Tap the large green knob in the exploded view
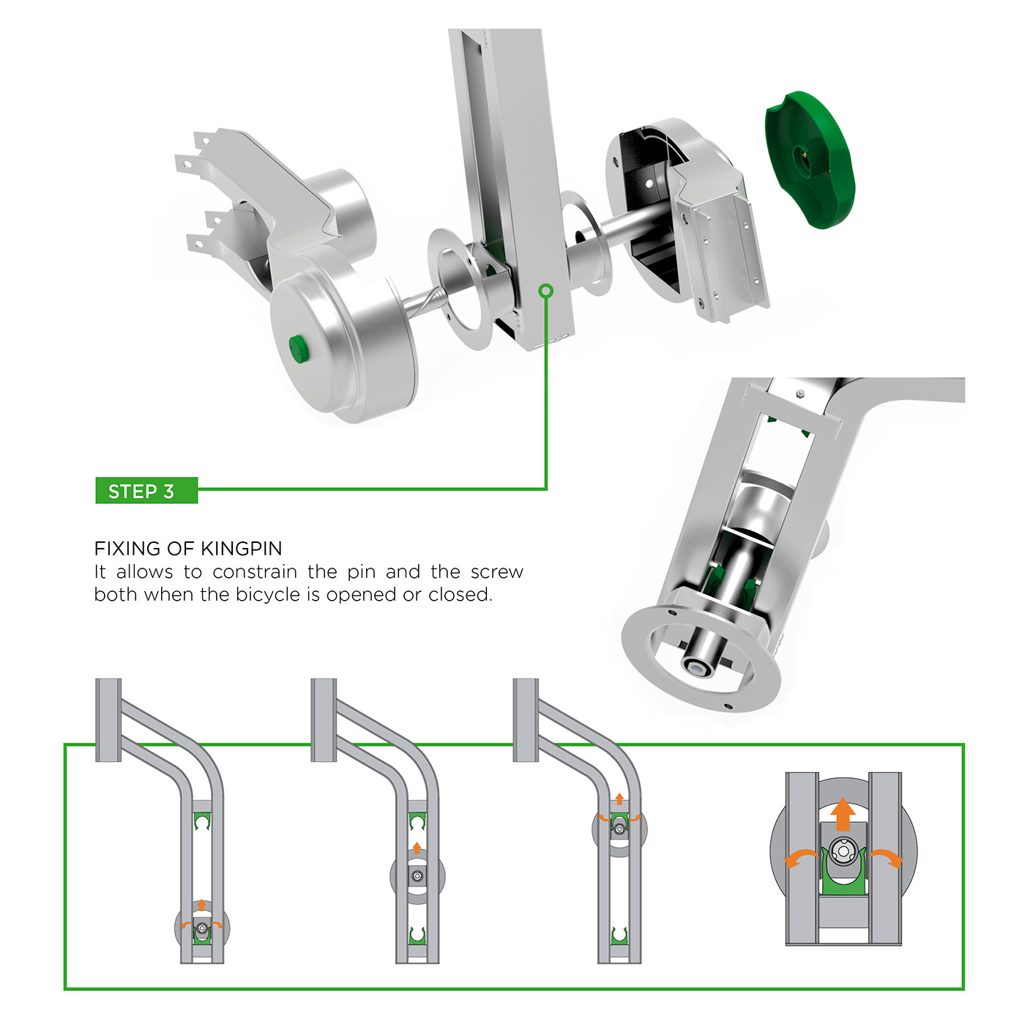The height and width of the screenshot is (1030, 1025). pos(810,160)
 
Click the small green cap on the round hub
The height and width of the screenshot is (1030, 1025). pos(298,349)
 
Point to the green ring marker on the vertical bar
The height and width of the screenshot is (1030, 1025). pos(545,291)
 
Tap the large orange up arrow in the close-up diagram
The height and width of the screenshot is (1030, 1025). pos(843,813)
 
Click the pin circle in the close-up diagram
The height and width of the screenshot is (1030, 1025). pos(843,849)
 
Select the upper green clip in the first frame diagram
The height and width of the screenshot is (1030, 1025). pos(201,821)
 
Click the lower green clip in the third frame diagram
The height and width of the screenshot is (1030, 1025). pos(619,950)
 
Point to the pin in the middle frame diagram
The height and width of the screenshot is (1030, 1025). pos(417,875)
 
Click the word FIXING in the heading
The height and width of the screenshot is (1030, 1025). pos(127,549)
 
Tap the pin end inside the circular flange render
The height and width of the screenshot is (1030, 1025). pos(698,667)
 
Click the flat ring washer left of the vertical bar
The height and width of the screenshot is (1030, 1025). pos(461,289)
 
